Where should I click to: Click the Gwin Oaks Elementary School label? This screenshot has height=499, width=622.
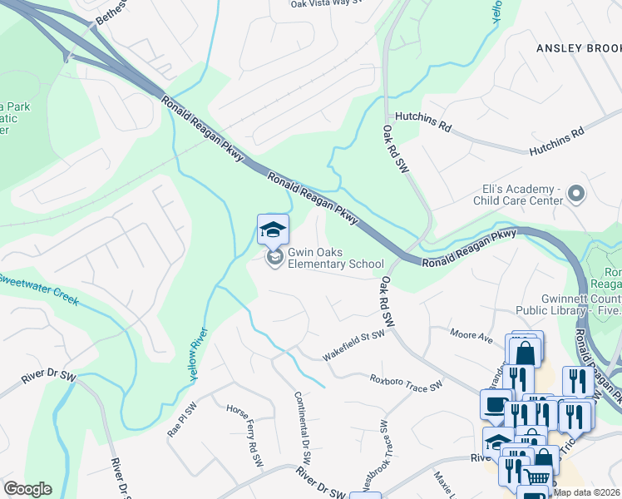pos(335,259)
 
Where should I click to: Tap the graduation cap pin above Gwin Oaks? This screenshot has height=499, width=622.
pos(273,229)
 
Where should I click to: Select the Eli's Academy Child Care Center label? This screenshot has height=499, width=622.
pos(517,195)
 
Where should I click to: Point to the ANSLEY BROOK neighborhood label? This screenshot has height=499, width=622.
pos(578,48)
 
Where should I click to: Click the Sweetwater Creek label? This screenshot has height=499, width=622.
pos(38,286)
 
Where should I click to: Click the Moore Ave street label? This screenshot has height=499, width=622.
pos(471,335)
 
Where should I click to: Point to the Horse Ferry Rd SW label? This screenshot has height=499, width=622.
pos(245,432)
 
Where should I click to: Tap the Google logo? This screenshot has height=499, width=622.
pos(27,489)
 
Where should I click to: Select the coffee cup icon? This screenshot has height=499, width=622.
pos(496,405)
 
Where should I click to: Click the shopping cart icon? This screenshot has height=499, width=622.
pos(536,477)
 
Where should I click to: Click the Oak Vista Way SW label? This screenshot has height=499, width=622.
pos(328,4)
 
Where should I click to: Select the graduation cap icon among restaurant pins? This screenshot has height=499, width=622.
pos(498,442)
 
